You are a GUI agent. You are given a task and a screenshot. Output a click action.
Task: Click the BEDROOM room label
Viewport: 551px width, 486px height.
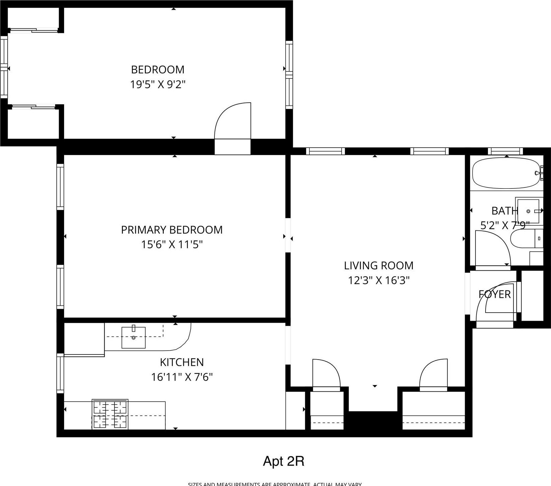(x=157, y=70)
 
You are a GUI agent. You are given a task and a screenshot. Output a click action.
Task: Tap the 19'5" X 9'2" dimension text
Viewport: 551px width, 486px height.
(x=157, y=84)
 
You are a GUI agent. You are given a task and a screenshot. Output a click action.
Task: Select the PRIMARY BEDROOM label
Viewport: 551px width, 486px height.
(x=171, y=230)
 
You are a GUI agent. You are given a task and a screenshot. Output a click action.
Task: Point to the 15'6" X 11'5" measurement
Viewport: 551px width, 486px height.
(x=171, y=245)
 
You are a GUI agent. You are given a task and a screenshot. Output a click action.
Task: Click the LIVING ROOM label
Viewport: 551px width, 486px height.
(x=379, y=266)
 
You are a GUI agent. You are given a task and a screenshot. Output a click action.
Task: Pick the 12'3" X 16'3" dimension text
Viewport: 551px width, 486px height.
(x=379, y=280)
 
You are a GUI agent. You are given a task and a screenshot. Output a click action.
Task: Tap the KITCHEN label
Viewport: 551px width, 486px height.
(x=182, y=362)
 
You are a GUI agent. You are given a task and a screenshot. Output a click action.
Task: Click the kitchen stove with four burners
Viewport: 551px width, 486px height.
(x=110, y=415)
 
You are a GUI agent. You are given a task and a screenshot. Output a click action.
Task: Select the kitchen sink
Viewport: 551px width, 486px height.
(x=133, y=337)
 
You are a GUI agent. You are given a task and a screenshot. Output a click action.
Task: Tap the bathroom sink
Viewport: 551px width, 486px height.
(x=528, y=211)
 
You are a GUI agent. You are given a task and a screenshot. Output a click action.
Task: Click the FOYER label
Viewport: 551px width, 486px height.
(x=494, y=294)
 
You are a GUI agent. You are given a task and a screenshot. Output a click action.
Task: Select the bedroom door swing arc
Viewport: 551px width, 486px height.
(x=232, y=121)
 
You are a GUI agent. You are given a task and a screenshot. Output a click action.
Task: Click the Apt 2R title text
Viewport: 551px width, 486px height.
(x=284, y=461)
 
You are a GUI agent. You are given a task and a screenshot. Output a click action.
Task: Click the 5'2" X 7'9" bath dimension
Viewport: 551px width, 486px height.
(x=505, y=225)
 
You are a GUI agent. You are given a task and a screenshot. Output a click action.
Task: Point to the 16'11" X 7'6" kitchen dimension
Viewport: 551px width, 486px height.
(x=182, y=377)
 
